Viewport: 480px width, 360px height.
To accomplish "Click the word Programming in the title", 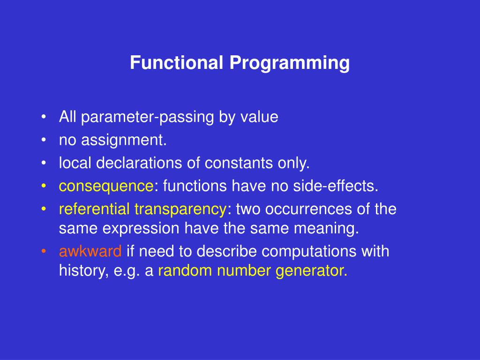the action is (x=290, y=64).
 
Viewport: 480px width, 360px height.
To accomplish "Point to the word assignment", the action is (x=124, y=141).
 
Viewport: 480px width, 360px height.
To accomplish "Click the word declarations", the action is (x=139, y=163).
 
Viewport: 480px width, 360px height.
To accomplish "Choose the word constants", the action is (x=239, y=163).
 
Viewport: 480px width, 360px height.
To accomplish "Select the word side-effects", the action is (x=336, y=186).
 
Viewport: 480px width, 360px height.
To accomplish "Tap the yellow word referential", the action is (x=94, y=209).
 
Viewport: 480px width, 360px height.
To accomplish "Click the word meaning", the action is (x=326, y=229).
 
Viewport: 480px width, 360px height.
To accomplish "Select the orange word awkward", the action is (x=90, y=251).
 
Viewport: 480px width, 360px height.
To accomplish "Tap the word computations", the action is (x=309, y=252).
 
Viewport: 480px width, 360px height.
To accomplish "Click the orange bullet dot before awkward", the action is (x=44, y=251).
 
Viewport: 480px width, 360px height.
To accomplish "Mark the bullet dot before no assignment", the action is (x=44, y=140).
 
